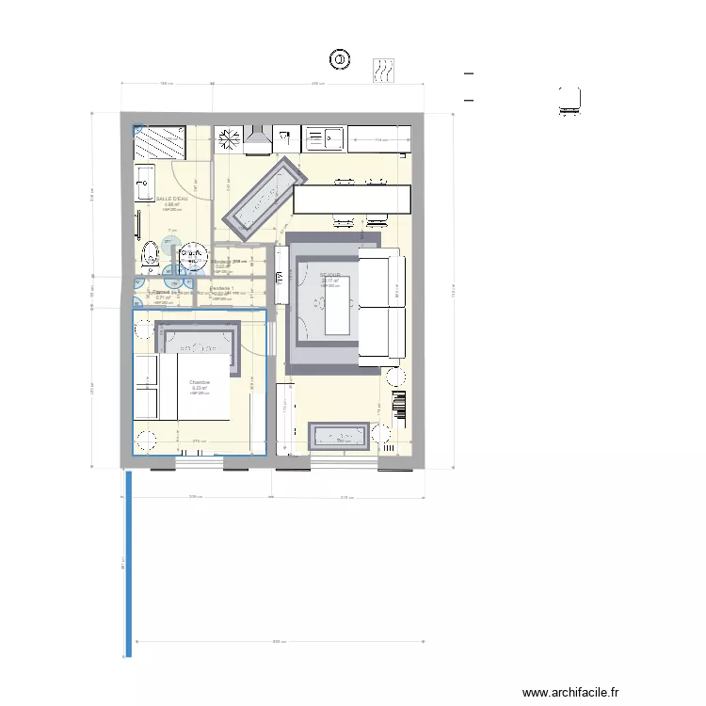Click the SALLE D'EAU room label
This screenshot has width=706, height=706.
coord(171,200)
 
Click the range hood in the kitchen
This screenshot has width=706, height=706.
coord(258,140)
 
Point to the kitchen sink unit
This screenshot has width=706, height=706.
coord(324,138)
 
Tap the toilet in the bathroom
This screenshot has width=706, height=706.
coord(150,253)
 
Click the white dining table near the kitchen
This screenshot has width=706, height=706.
coord(352,199)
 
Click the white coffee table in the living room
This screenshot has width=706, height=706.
coord(336,304)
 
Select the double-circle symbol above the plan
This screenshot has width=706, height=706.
coord(339,59)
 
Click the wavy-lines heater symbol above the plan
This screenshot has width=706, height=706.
coord(384,69)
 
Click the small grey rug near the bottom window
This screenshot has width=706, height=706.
coord(338,435)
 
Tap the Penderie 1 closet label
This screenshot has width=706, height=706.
coord(226,288)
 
